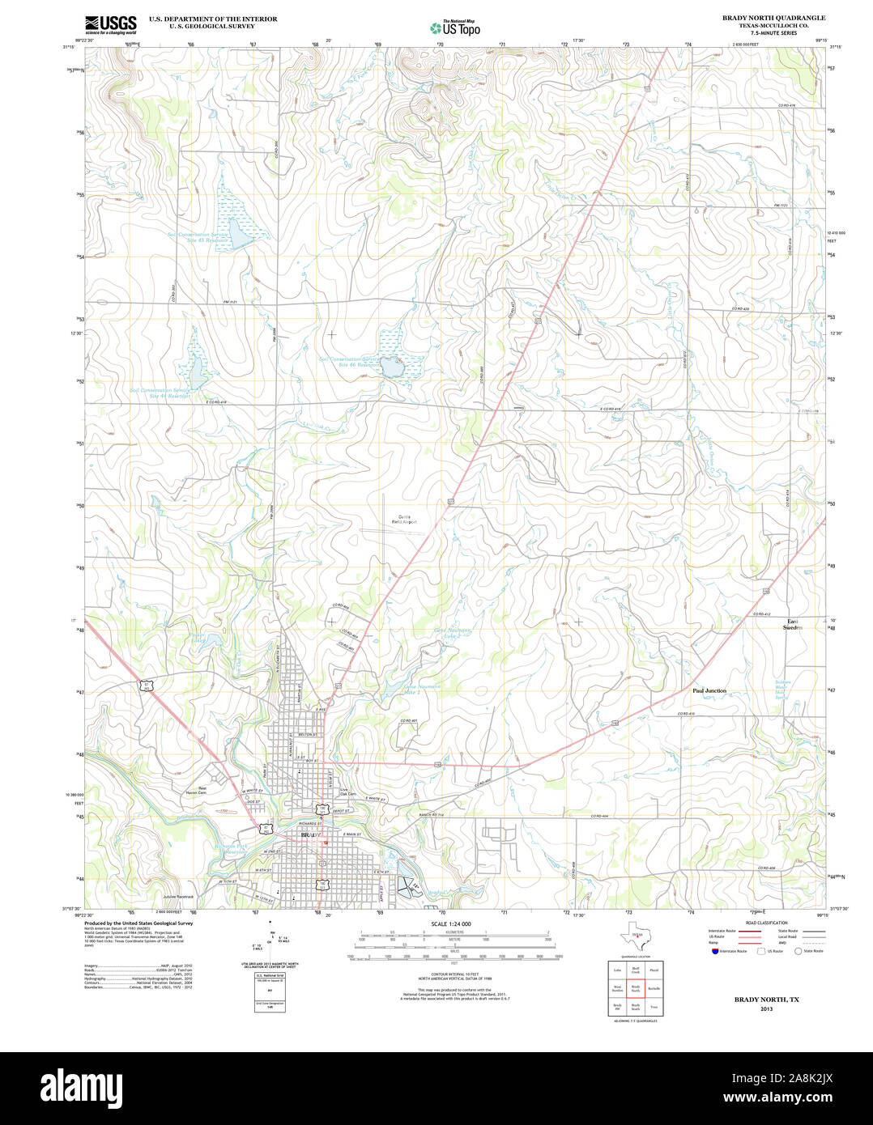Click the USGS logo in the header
(111, 23)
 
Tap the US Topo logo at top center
(454, 28)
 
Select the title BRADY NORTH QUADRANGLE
(773, 17)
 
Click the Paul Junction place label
(709, 690)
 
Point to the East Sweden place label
(792, 624)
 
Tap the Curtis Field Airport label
(403, 520)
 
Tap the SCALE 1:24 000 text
(450, 923)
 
